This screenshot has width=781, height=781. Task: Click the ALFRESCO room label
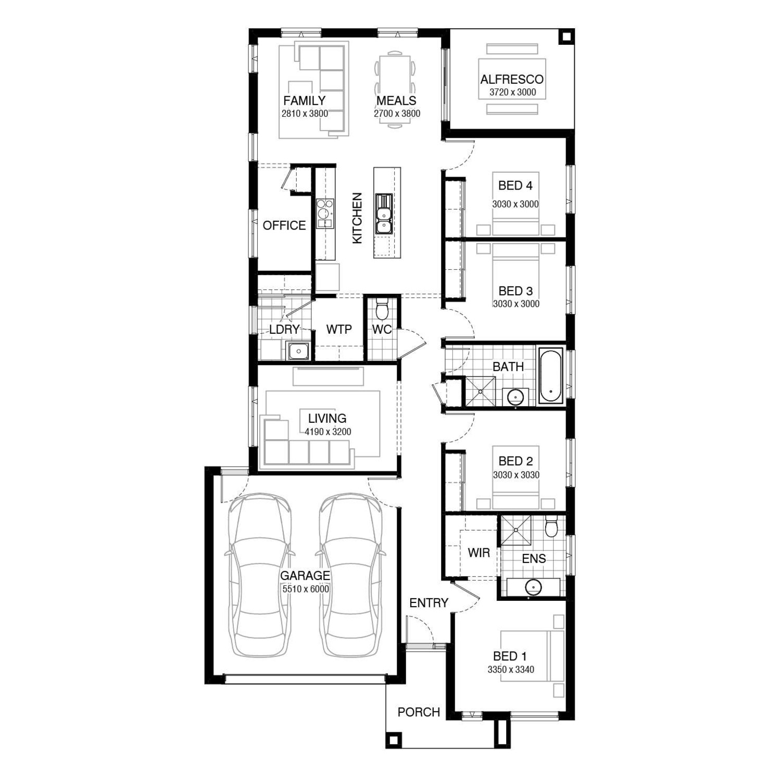pyautogui.click(x=512, y=79)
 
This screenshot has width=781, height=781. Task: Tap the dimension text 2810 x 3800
pyautogui.click(x=305, y=114)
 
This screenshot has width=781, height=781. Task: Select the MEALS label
pyautogui.click(x=396, y=100)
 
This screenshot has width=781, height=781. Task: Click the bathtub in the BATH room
pyautogui.click(x=550, y=375)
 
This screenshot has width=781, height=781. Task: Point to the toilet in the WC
pyautogui.click(x=382, y=309)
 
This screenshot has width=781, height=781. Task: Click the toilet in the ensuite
pyautogui.click(x=551, y=527)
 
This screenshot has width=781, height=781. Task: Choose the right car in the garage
pyautogui.click(x=350, y=575)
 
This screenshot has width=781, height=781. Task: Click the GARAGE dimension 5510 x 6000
pyautogui.click(x=305, y=589)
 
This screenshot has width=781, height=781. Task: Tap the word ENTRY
pyautogui.click(x=429, y=603)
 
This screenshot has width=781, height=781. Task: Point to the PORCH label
pyautogui.click(x=419, y=712)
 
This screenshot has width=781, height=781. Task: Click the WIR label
pyautogui.click(x=478, y=552)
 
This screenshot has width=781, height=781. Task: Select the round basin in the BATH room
pyautogui.click(x=515, y=397)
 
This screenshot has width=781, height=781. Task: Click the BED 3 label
pyautogui.click(x=515, y=291)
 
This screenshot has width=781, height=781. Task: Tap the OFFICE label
pyautogui.click(x=284, y=225)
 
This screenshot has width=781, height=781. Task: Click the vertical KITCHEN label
pyautogui.click(x=357, y=218)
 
